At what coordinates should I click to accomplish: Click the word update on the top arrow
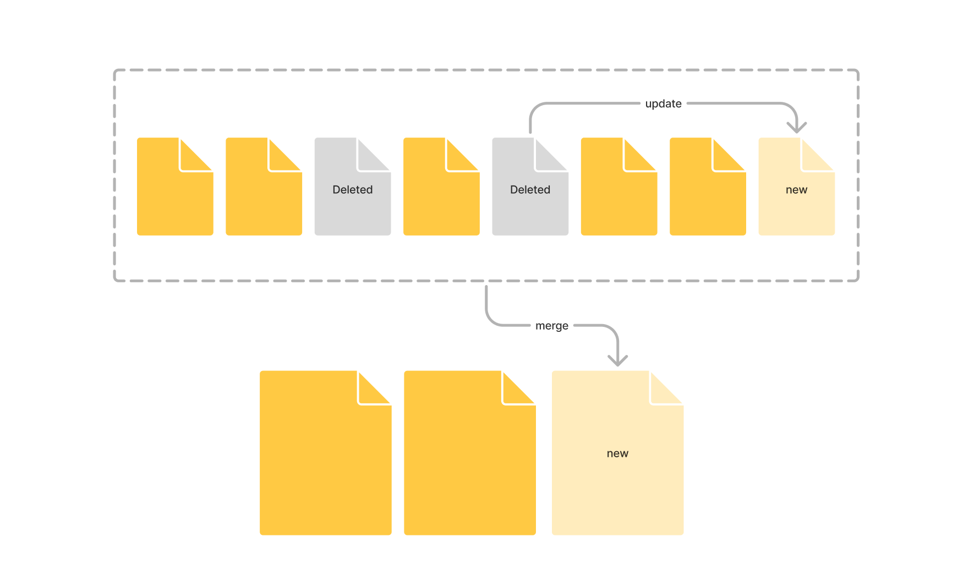click(663, 103)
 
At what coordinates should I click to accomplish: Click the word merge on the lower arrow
click(551, 326)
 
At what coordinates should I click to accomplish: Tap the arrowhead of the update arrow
click(796, 128)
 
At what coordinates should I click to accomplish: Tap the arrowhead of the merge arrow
click(617, 360)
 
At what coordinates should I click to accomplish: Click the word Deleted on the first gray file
click(352, 189)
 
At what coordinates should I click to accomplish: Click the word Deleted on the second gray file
click(530, 189)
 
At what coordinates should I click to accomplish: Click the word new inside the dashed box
click(796, 189)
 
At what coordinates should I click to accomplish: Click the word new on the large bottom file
click(617, 453)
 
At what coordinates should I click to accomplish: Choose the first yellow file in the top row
click(175, 193)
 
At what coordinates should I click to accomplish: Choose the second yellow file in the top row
click(264, 193)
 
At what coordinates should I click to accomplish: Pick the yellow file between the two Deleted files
click(441, 193)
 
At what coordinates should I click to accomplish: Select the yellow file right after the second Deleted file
click(619, 193)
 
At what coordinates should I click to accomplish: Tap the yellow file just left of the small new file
click(708, 193)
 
